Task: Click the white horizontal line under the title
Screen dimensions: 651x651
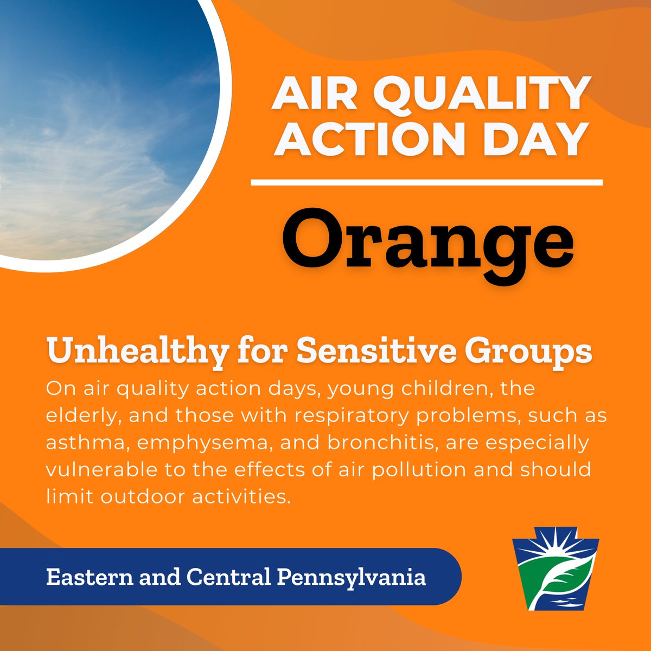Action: [x=427, y=183]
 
